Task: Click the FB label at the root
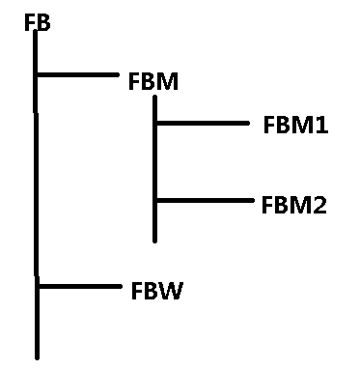(x=38, y=23)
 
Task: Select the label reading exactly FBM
(x=153, y=81)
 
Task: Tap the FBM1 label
(x=295, y=125)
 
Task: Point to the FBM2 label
(x=294, y=205)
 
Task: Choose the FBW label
(x=157, y=291)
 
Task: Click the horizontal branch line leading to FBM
(x=77, y=74)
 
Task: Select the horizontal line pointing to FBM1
(x=203, y=123)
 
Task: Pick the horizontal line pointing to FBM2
(x=205, y=200)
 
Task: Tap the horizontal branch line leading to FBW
(x=79, y=286)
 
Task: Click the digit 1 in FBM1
(x=322, y=125)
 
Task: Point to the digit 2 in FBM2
(x=319, y=205)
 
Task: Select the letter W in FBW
(x=171, y=291)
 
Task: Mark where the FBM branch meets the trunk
(x=36, y=74)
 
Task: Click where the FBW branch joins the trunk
(x=37, y=286)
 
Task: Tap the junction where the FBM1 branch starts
(x=155, y=123)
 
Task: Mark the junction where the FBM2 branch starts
(x=155, y=200)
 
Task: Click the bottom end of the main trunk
(x=38, y=357)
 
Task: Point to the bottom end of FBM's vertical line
(x=155, y=241)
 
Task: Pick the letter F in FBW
(x=136, y=291)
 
